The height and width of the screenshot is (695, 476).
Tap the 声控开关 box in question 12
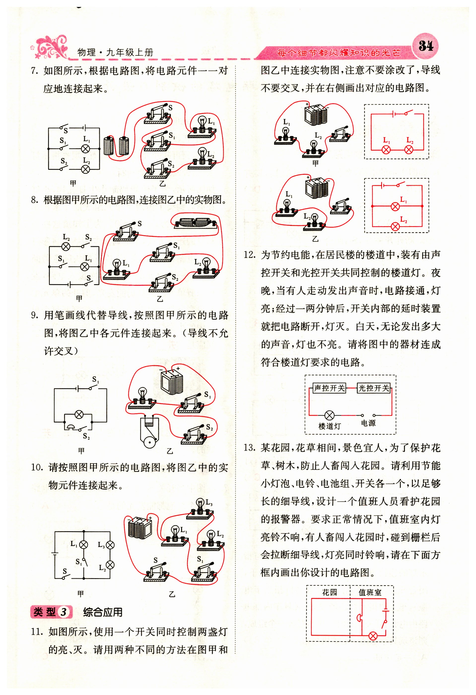click(329, 388)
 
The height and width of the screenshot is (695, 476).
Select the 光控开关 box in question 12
click(374, 388)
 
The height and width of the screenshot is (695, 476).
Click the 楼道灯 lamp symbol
click(329, 415)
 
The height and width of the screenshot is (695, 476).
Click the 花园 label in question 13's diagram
click(329, 592)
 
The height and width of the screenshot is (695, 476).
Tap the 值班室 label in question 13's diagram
click(370, 592)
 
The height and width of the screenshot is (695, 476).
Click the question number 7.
click(35, 71)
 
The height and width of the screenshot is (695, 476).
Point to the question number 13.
click(249, 448)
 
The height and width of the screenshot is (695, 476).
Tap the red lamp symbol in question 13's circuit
click(373, 635)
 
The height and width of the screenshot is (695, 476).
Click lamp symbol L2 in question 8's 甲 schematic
click(66, 246)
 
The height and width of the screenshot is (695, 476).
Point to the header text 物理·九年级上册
click(115, 53)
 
